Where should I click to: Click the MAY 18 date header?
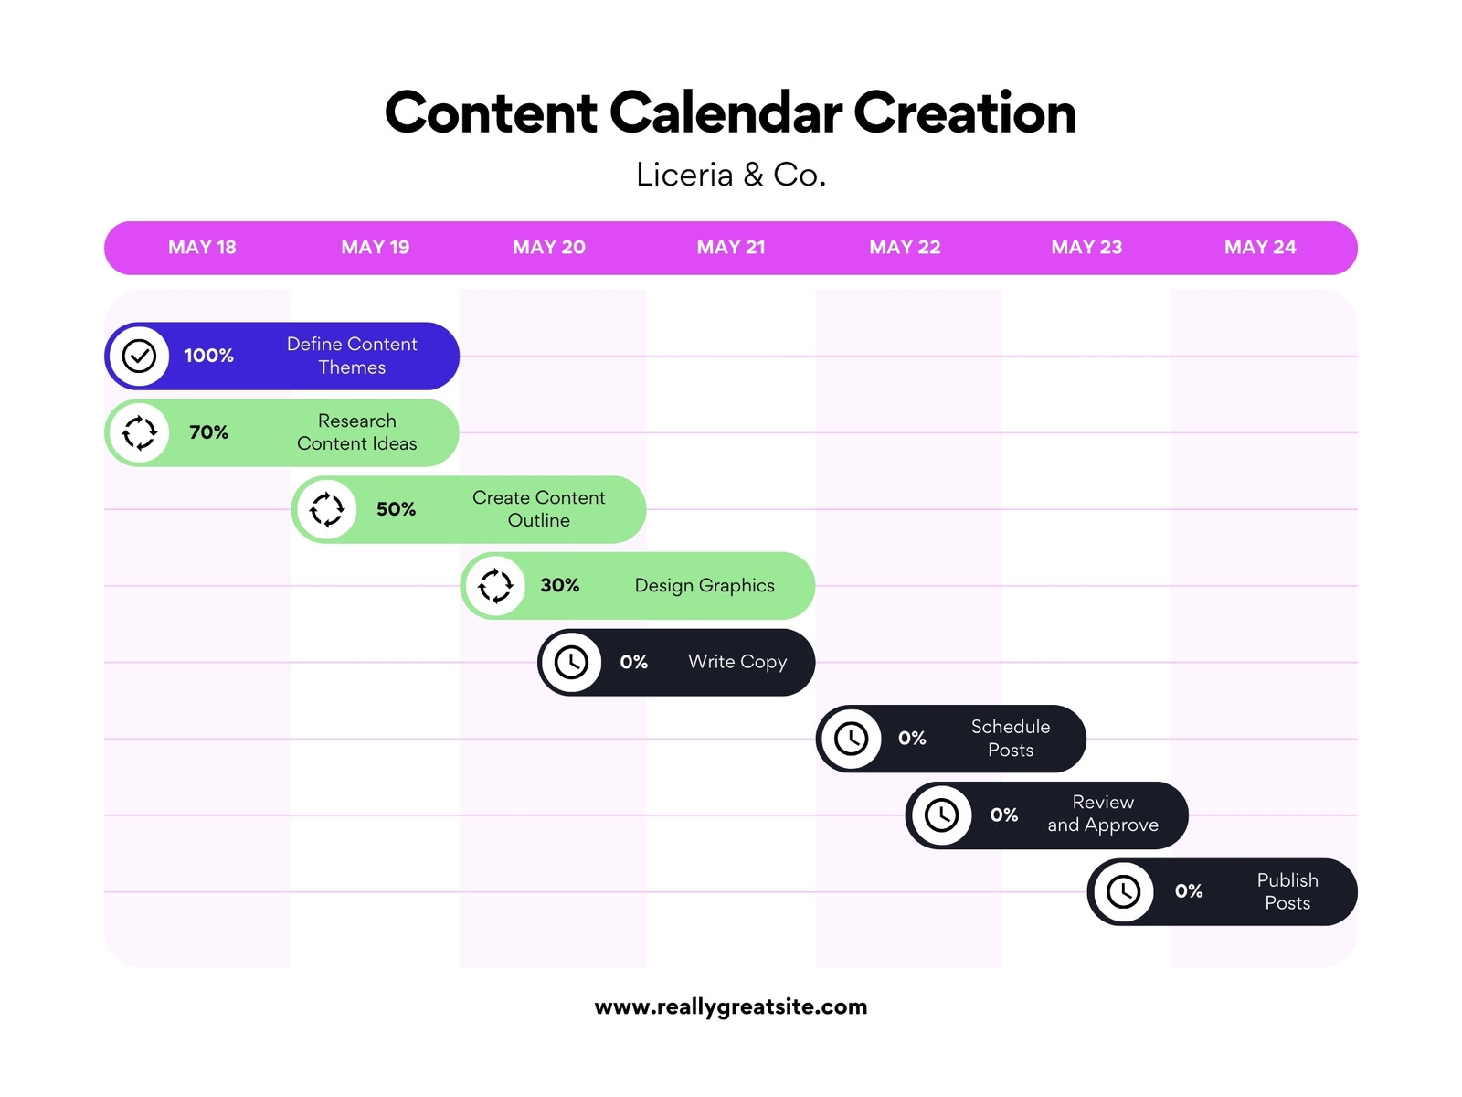(202, 247)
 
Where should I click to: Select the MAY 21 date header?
(731, 247)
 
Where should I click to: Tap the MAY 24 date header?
(1260, 247)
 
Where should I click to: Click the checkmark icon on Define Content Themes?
(140, 356)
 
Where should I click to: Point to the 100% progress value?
(208, 356)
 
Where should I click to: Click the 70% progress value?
(208, 432)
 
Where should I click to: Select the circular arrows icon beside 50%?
(327, 509)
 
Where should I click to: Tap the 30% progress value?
(560, 586)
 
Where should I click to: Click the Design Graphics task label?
(705, 586)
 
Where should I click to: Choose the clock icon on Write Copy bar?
(572, 662)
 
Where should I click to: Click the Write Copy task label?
(737, 662)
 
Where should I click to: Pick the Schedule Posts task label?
(1011, 739)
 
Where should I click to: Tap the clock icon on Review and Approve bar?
(941, 815)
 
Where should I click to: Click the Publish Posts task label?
(1287, 891)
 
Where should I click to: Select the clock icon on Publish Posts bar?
(1123, 891)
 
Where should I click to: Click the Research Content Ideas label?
(356, 432)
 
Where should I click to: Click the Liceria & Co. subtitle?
(731, 175)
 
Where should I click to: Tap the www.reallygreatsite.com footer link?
(731, 1006)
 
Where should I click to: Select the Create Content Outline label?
(538, 509)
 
